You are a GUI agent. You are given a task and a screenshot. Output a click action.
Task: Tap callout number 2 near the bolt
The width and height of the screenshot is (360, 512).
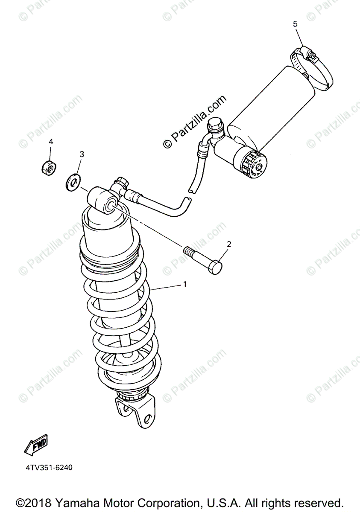pyautogui.click(x=229, y=244)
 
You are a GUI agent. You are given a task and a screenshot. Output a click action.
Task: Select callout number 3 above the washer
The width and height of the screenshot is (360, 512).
pyautogui.click(x=82, y=154)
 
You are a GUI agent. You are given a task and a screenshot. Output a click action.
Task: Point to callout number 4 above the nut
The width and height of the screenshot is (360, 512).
pyautogui.click(x=51, y=141)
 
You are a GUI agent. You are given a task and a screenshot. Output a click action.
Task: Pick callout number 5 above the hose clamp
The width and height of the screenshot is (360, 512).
pyautogui.click(x=295, y=24)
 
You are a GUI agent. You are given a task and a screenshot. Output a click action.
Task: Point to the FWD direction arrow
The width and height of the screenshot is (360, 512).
pyautogui.click(x=36, y=444)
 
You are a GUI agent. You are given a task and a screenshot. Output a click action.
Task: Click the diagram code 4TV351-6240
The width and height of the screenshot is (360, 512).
pyautogui.click(x=48, y=468)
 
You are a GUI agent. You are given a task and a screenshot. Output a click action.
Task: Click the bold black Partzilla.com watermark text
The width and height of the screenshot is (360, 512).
pyautogui.click(x=195, y=121)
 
